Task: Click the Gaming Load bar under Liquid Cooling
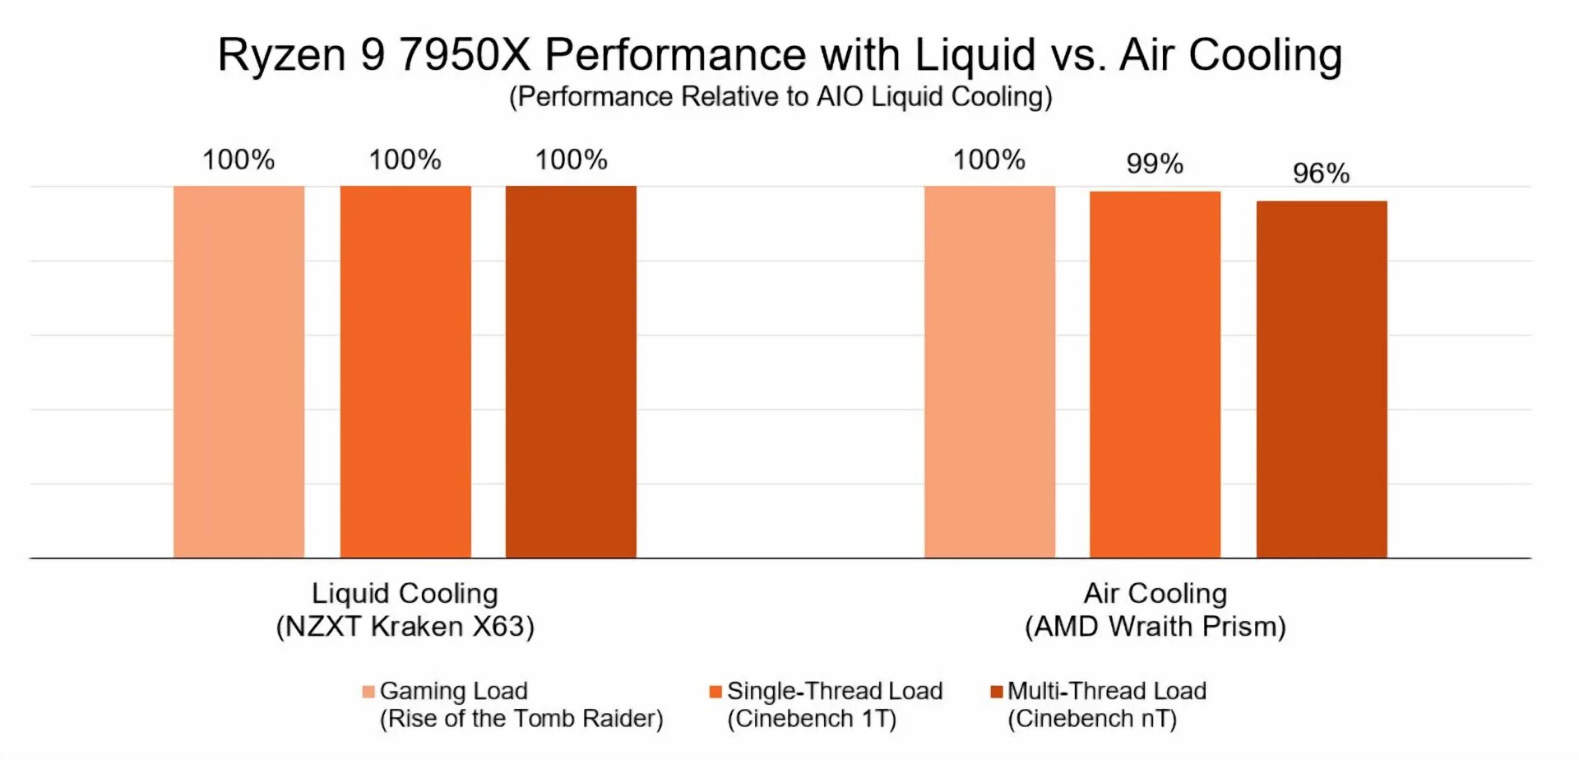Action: click(x=238, y=372)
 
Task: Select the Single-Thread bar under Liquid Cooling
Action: click(x=405, y=372)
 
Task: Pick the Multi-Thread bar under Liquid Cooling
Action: click(x=571, y=372)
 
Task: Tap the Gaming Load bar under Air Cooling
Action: click(x=989, y=372)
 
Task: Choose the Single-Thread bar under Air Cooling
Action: click(x=1155, y=375)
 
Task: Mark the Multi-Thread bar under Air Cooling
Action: click(x=1322, y=379)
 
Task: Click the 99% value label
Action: click(x=1155, y=164)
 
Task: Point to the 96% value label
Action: click(x=1321, y=174)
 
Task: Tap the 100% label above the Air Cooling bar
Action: click(x=989, y=160)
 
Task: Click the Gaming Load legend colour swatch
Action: click(x=368, y=692)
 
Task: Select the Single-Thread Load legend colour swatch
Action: click(x=715, y=692)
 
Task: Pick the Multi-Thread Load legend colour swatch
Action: click(x=997, y=692)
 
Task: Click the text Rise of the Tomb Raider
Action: click(x=521, y=719)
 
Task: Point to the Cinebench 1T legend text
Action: click(x=812, y=719)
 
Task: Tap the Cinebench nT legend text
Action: click(x=1092, y=719)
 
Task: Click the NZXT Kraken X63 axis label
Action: click(x=405, y=627)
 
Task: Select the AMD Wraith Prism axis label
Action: click(x=1155, y=627)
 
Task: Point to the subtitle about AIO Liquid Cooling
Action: click(x=780, y=97)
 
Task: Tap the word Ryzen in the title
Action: click(x=281, y=55)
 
